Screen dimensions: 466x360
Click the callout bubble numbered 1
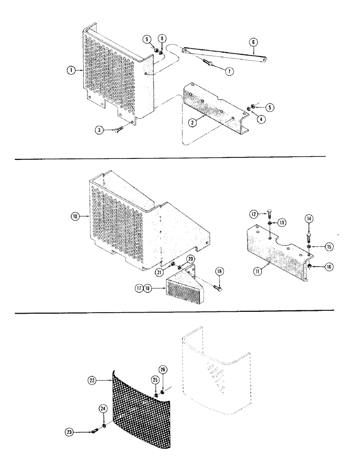click(x=70, y=70)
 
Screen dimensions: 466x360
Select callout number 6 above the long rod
click(x=253, y=42)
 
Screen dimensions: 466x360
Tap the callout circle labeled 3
click(x=99, y=130)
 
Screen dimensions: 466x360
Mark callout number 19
click(x=218, y=271)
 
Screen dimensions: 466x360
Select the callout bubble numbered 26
click(x=162, y=370)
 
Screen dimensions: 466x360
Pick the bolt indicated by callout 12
click(x=271, y=214)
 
